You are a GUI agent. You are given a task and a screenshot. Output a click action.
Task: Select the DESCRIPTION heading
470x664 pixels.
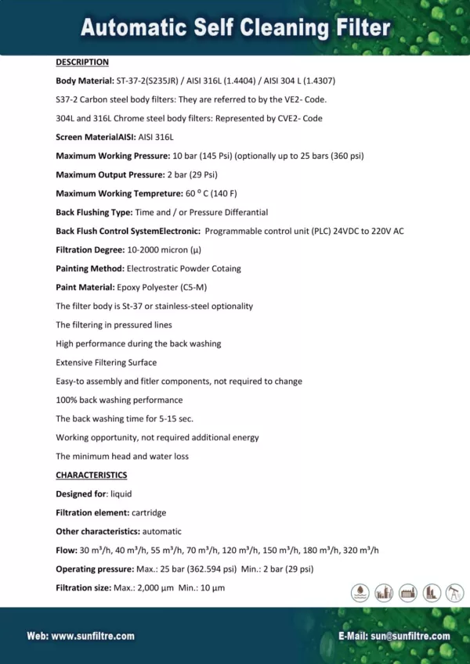(x=82, y=62)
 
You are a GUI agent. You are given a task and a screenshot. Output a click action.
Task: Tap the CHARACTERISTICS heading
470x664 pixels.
(x=91, y=475)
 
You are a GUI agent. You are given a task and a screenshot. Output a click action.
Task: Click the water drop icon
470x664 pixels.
(x=360, y=592)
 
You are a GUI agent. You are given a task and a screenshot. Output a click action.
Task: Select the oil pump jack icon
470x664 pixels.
(x=456, y=592)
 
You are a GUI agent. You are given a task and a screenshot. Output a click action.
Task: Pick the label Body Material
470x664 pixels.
(x=85, y=81)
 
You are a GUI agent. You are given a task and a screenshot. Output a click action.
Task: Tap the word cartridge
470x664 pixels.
(x=149, y=512)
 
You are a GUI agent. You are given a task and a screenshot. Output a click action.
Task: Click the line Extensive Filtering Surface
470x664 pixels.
(x=106, y=362)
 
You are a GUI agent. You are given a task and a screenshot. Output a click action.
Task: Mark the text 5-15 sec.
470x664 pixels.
(x=168, y=418)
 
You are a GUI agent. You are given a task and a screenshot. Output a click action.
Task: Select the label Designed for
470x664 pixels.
(x=81, y=494)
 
